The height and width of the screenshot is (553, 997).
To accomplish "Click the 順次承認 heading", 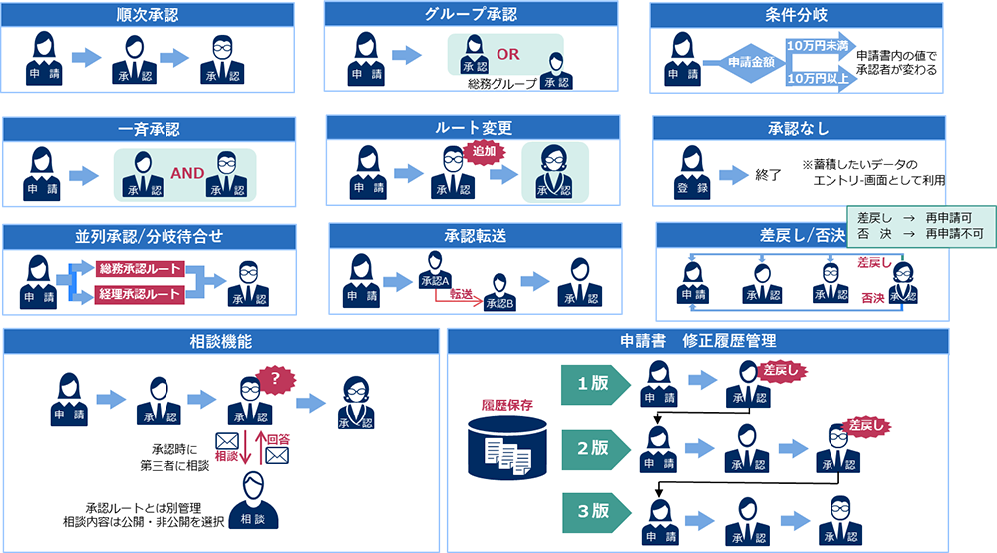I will [x=148, y=15].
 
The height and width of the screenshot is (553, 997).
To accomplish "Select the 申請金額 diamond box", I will [x=747, y=62].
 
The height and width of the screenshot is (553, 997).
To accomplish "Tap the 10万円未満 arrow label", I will [x=818, y=46].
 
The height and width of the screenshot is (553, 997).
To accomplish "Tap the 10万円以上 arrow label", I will [x=818, y=77].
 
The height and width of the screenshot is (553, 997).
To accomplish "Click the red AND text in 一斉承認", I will [x=187, y=173].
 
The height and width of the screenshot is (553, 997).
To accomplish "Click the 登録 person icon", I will [x=692, y=172].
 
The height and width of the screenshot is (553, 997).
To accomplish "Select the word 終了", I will [x=768, y=175].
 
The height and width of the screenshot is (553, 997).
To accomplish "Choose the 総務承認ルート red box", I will [x=140, y=268].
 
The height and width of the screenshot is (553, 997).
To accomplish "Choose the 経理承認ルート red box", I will [x=140, y=294].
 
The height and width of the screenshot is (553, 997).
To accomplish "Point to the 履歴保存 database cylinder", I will [x=508, y=443].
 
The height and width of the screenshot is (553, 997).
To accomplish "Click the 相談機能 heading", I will [x=221, y=341].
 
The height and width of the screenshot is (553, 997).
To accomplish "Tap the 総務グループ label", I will [x=501, y=84].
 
